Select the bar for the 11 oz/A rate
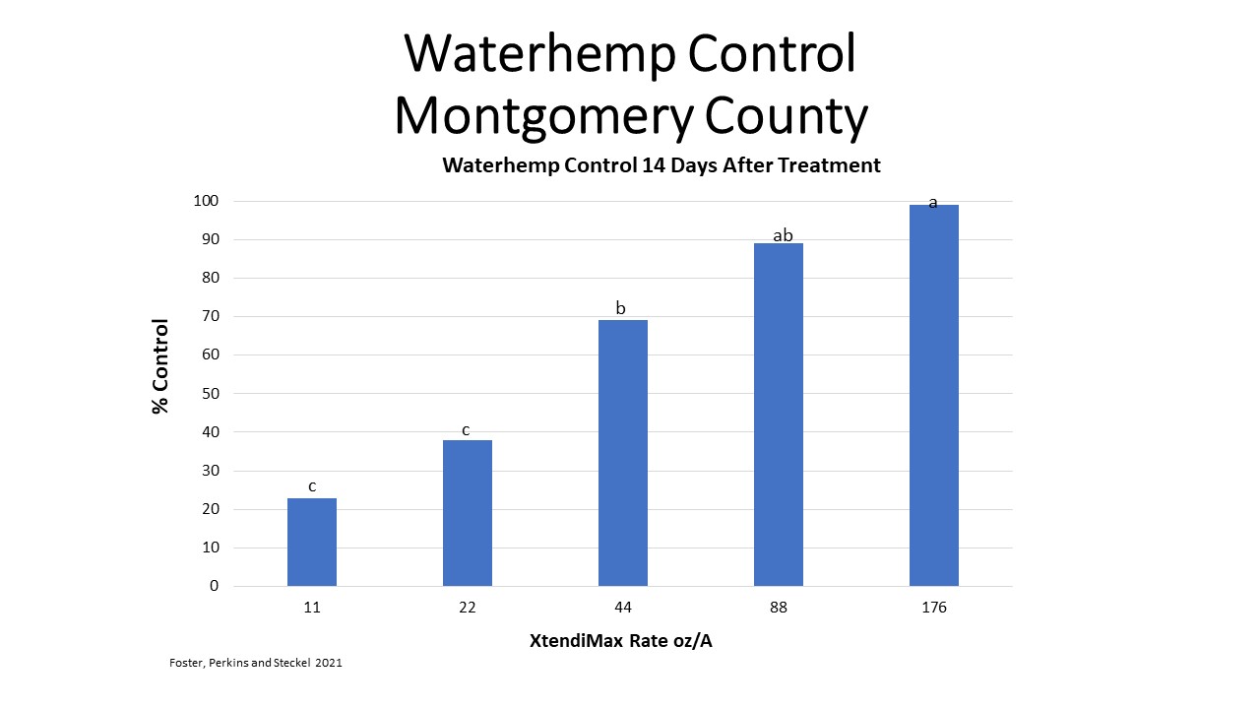[312, 543]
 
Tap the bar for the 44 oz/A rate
[623, 453]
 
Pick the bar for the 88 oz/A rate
[779, 415]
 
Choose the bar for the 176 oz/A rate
[934, 395]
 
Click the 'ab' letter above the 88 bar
[784, 235]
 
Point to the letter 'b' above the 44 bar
[621, 308]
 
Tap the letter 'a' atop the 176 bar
[933, 203]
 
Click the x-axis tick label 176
[934, 608]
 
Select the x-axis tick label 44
[623, 608]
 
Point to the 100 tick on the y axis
[206, 201]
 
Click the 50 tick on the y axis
[210, 394]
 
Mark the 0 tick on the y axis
[214, 586]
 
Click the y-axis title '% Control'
[160, 366]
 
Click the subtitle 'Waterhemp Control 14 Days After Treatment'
[661, 165]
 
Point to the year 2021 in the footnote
[329, 664]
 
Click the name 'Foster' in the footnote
[185, 664]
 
